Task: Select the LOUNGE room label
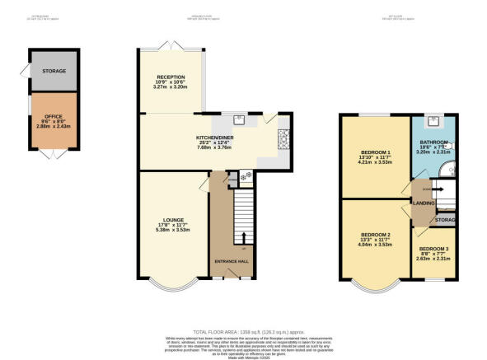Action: click(x=173, y=220)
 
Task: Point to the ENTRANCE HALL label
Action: click(x=231, y=261)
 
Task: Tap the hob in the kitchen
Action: click(x=244, y=176)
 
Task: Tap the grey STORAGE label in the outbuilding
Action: click(x=54, y=71)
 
